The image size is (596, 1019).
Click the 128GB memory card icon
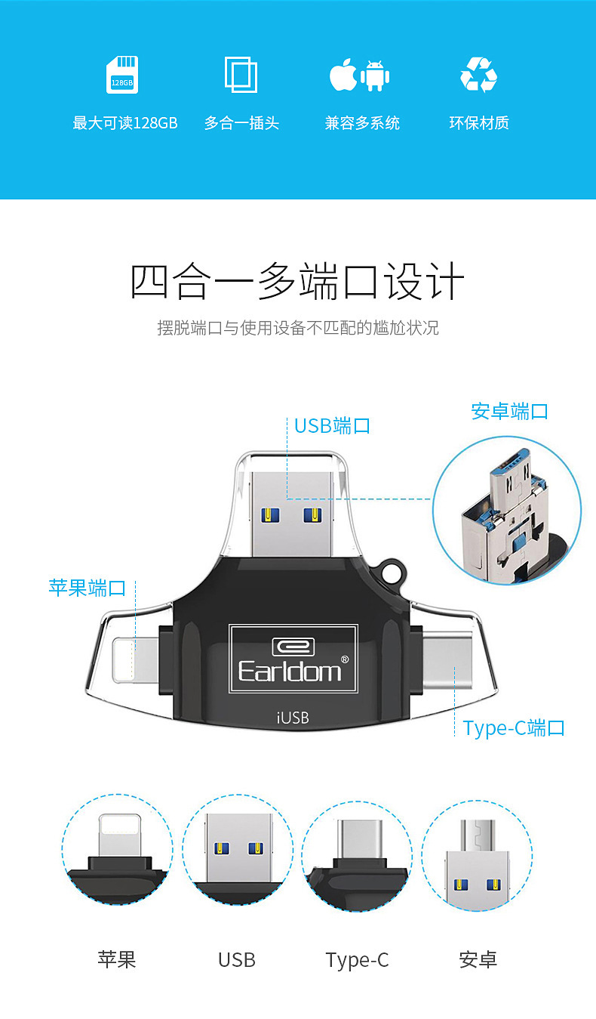click(x=121, y=75)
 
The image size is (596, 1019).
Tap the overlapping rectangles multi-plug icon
click(x=241, y=75)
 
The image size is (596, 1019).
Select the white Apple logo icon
click(x=343, y=75)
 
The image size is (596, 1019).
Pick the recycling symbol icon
click(x=478, y=75)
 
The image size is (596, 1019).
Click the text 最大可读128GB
click(x=125, y=123)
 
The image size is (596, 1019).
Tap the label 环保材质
click(x=478, y=123)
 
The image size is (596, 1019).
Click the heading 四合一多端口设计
click(x=297, y=283)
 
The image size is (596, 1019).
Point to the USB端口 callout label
click(x=332, y=425)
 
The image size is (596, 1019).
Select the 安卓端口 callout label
click(x=509, y=412)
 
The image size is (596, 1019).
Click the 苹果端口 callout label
click(x=87, y=588)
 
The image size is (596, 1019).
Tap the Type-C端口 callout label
click(x=514, y=728)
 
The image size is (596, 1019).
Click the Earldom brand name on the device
click(x=290, y=670)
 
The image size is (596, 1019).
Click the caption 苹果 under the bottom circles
click(x=117, y=959)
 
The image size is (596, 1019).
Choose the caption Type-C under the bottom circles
click(x=357, y=960)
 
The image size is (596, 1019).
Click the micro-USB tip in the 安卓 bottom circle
click(x=477, y=833)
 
